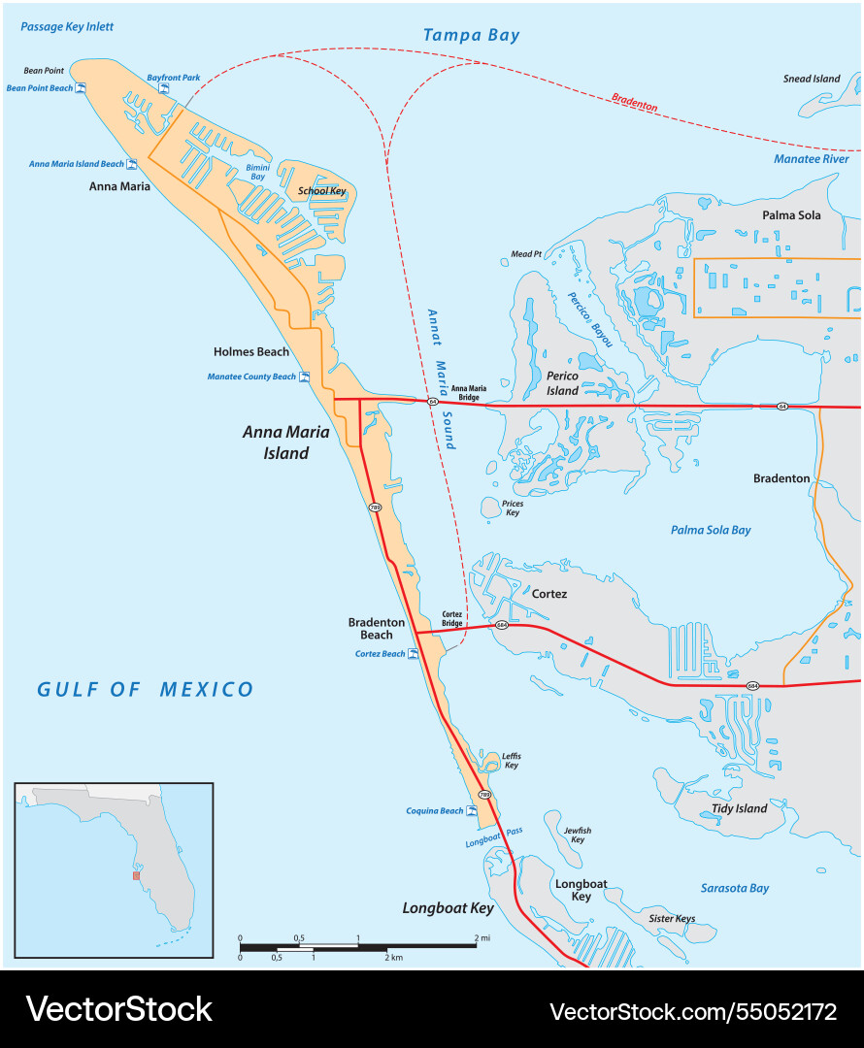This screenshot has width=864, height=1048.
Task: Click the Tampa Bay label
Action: coord(471,36)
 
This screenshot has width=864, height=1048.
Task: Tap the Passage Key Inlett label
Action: coord(61,27)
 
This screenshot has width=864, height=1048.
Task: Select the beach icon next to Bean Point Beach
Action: coord(82,88)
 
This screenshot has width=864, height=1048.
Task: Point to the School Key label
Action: coord(321,191)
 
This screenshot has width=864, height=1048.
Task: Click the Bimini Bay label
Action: coord(257,172)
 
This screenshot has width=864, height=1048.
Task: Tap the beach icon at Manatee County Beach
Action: coord(305,377)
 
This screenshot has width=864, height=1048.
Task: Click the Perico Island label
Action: coord(562,383)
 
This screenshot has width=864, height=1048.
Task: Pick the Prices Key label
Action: coord(513,508)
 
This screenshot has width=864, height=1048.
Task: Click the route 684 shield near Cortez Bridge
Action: coord(501,625)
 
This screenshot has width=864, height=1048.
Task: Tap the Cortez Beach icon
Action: coord(414,654)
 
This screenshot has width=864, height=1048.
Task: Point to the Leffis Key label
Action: coord(511,760)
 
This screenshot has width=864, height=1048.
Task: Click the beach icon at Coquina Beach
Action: coord(472,810)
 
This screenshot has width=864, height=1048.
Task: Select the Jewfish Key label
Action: coord(577,835)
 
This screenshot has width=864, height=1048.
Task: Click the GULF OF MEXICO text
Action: coord(146,690)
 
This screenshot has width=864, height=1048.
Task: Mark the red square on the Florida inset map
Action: coord(137,875)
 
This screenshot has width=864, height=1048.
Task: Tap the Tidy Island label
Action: coord(739,808)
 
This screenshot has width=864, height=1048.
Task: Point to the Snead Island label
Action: coord(812,79)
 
